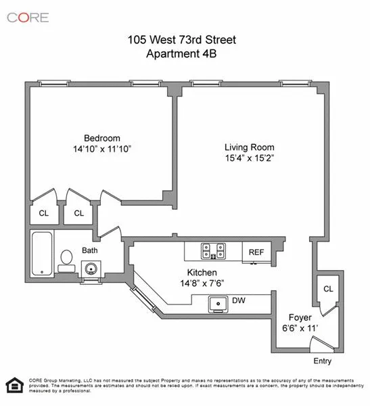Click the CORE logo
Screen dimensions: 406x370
click(x=28, y=17)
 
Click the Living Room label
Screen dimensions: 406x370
click(x=249, y=146)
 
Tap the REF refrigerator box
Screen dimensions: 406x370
click(x=256, y=252)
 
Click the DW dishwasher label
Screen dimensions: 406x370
click(x=238, y=300)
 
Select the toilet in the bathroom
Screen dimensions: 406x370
click(x=66, y=259)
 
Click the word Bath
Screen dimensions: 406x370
click(x=89, y=250)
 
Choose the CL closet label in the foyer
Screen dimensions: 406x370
click(x=328, y=289)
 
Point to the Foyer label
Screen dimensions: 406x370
click(x=300, y=316)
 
